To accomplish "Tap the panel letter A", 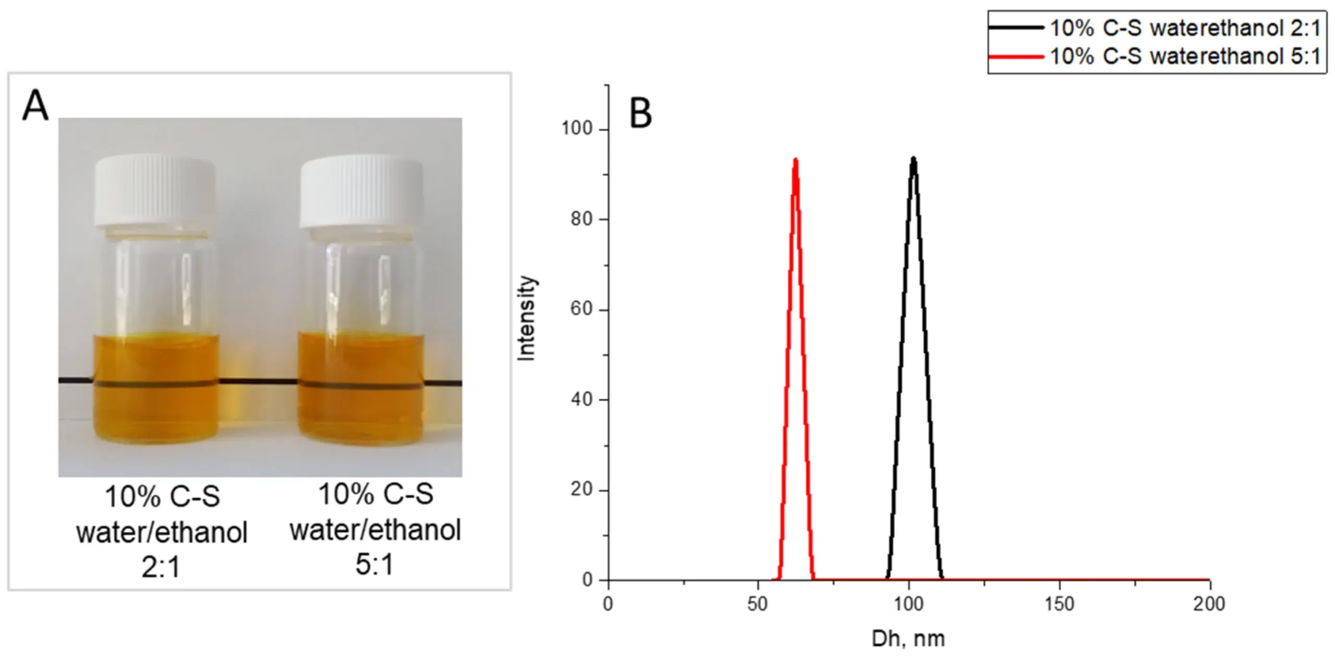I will click(x=35, y=106).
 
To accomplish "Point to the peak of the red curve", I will click(x=795, y=161).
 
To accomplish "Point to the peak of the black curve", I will click(x=913, y=160).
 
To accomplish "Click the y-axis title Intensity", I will click(x=527, y=318).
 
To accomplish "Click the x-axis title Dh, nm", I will click(x=908, y=638).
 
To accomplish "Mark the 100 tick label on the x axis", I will click(x=909, y=604).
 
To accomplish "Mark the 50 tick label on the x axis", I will click(x=758, y=604).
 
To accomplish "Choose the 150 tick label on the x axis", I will click(x=1060, y=604).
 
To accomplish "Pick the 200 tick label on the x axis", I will click(x=1209, y=604).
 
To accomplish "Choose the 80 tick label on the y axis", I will click(x=582, y=219).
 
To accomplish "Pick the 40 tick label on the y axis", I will click(x=582, y=399).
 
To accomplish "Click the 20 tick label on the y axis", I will click(x=582, y=490).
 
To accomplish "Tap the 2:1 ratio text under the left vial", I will click(x=161, y=567).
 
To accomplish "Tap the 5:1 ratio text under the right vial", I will click(x=374, y=564).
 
